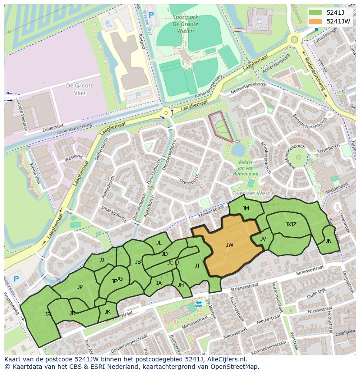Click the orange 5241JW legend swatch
[x=316, y=21]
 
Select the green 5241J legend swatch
[x=316, y=13]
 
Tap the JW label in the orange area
[x=230, y=245]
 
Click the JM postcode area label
[x=246, y=209]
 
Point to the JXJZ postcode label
[x=291, y=225]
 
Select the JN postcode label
[x=328, y=241]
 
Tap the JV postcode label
[x=263, y=239]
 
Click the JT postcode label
[x=197, y=266]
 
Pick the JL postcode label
[x=159, y=243]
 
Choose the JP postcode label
[x=80, y=287]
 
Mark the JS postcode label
[x=48, y=314]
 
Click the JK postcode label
[x=107, y=311]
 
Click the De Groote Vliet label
[x=76, y=89]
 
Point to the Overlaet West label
[x=251, y=193]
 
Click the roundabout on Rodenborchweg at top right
[x=295, y=40]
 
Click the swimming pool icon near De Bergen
[x=199, y=304]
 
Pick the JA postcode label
[x=159, y=283]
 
